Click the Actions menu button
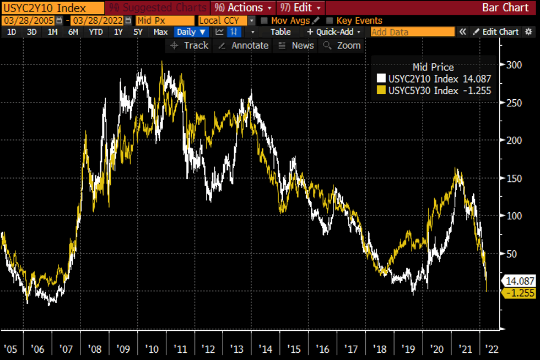point(242,8)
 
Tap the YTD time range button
point(96,32)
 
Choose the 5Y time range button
point(138,32)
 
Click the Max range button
point(160,32)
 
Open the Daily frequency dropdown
point(191,32)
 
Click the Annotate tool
point(244,46)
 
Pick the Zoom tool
point(342,46)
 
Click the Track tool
point(190,46)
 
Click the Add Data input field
point(412,32)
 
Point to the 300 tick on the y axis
point(515,65)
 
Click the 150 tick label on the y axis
point(515,178)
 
